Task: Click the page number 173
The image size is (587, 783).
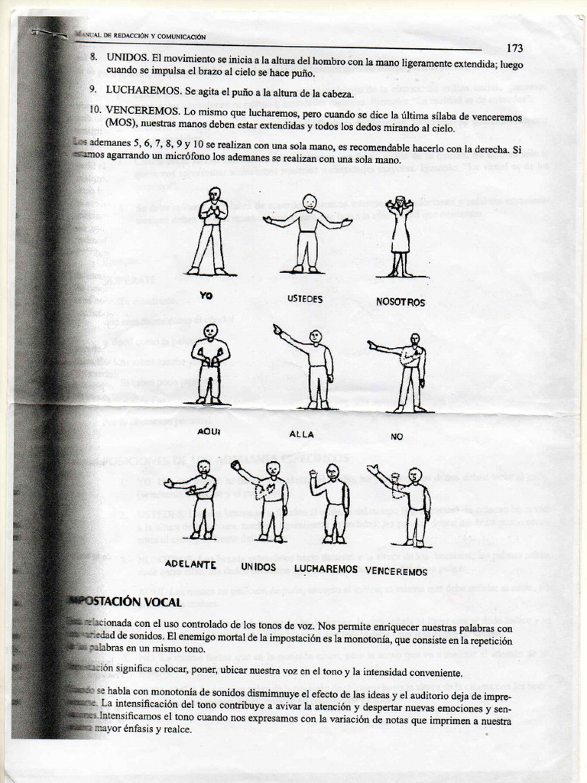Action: [514, 48]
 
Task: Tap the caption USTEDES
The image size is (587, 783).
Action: [305, 299]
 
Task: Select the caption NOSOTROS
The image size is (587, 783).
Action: [401, 302]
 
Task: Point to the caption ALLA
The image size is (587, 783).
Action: [302, 434]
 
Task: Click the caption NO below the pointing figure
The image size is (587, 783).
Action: [397, 437]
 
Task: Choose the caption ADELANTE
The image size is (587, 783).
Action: [190, 564]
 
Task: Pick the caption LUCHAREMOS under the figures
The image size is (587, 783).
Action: [326, 569]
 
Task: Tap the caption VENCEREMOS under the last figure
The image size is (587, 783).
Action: [396, 570]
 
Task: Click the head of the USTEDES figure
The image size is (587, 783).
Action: [309, 201]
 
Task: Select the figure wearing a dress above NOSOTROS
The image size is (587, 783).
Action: [400, 236]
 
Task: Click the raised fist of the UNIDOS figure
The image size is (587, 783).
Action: [236, 465]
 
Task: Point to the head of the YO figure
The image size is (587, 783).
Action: [215, 193]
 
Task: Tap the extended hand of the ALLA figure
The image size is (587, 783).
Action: [277, 329]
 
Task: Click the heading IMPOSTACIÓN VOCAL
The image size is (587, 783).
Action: [126, 602]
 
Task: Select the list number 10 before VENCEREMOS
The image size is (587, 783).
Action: [96, 109]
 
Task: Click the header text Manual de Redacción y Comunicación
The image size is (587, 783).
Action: [141, 36]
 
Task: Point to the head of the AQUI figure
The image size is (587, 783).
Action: [210, 330]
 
